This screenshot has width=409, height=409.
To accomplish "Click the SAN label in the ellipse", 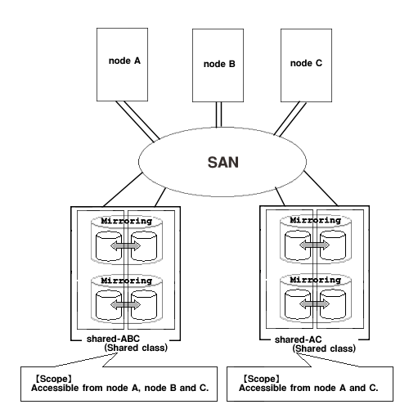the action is [223, 162].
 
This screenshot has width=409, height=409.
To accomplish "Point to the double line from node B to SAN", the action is [218, 115].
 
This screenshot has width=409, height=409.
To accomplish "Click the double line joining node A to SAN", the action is [137, 121].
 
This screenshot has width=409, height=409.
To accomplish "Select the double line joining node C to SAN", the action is [290, 119].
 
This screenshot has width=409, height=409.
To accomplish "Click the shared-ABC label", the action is [113, 339].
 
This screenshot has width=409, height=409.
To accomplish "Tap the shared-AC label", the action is [299, 339].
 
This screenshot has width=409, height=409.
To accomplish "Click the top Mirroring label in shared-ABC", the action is [127, 221].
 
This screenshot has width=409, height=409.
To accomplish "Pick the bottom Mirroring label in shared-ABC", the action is [127, 281].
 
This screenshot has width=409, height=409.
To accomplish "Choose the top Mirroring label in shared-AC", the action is [316, 220].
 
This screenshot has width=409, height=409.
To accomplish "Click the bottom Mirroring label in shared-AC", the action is [316, 280].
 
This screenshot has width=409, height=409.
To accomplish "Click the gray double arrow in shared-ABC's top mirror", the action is [125, 246].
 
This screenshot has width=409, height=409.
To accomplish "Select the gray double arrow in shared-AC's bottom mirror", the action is [314, 303].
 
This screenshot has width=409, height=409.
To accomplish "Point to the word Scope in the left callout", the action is [54, 379].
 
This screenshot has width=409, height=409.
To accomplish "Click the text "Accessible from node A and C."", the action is [308, 388].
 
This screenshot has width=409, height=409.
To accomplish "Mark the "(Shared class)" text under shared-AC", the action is [324, 348].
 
